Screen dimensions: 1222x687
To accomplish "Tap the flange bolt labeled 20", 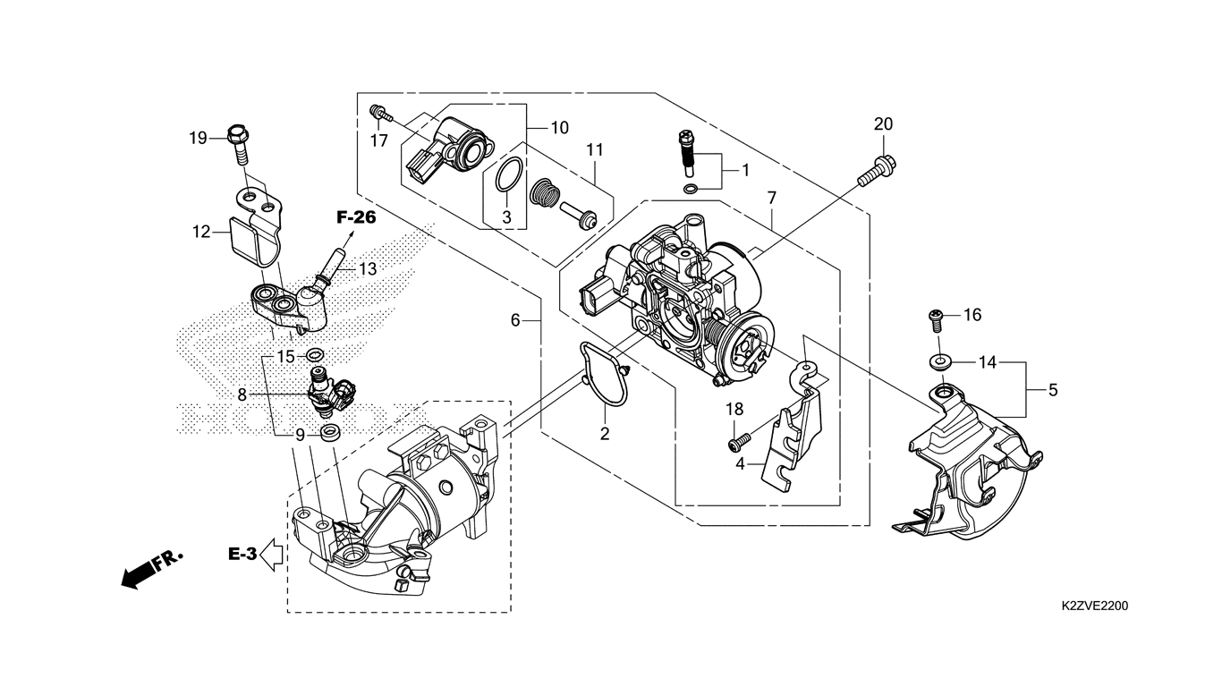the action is [x=878, y=172].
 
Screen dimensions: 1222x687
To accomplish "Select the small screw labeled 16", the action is [x=936, y=321].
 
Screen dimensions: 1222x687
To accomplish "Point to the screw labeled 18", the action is [x=739, y=441].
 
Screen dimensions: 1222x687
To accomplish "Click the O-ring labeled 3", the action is [x=509, y=174].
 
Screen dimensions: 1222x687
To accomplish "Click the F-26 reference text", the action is [x=356, y=217].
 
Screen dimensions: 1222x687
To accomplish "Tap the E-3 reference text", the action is [x=242, y=555].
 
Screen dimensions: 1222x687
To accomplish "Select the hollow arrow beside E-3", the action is [x=272, y=555].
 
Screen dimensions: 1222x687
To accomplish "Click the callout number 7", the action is [x=771, y=198].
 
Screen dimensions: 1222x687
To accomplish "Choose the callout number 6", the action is [x=515, y=319].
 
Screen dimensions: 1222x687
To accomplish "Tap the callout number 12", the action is [x=201, y=232].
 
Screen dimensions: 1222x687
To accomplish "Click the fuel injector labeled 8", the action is [x=332, y=394].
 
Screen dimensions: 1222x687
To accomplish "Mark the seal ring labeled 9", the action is [x=329, y=433].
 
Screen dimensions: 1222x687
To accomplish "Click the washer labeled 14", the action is [x=938, y=361].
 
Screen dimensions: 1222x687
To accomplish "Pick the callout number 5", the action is [x=1053, y=390].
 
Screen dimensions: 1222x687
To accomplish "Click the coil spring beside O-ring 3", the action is [x=545, y=193].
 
